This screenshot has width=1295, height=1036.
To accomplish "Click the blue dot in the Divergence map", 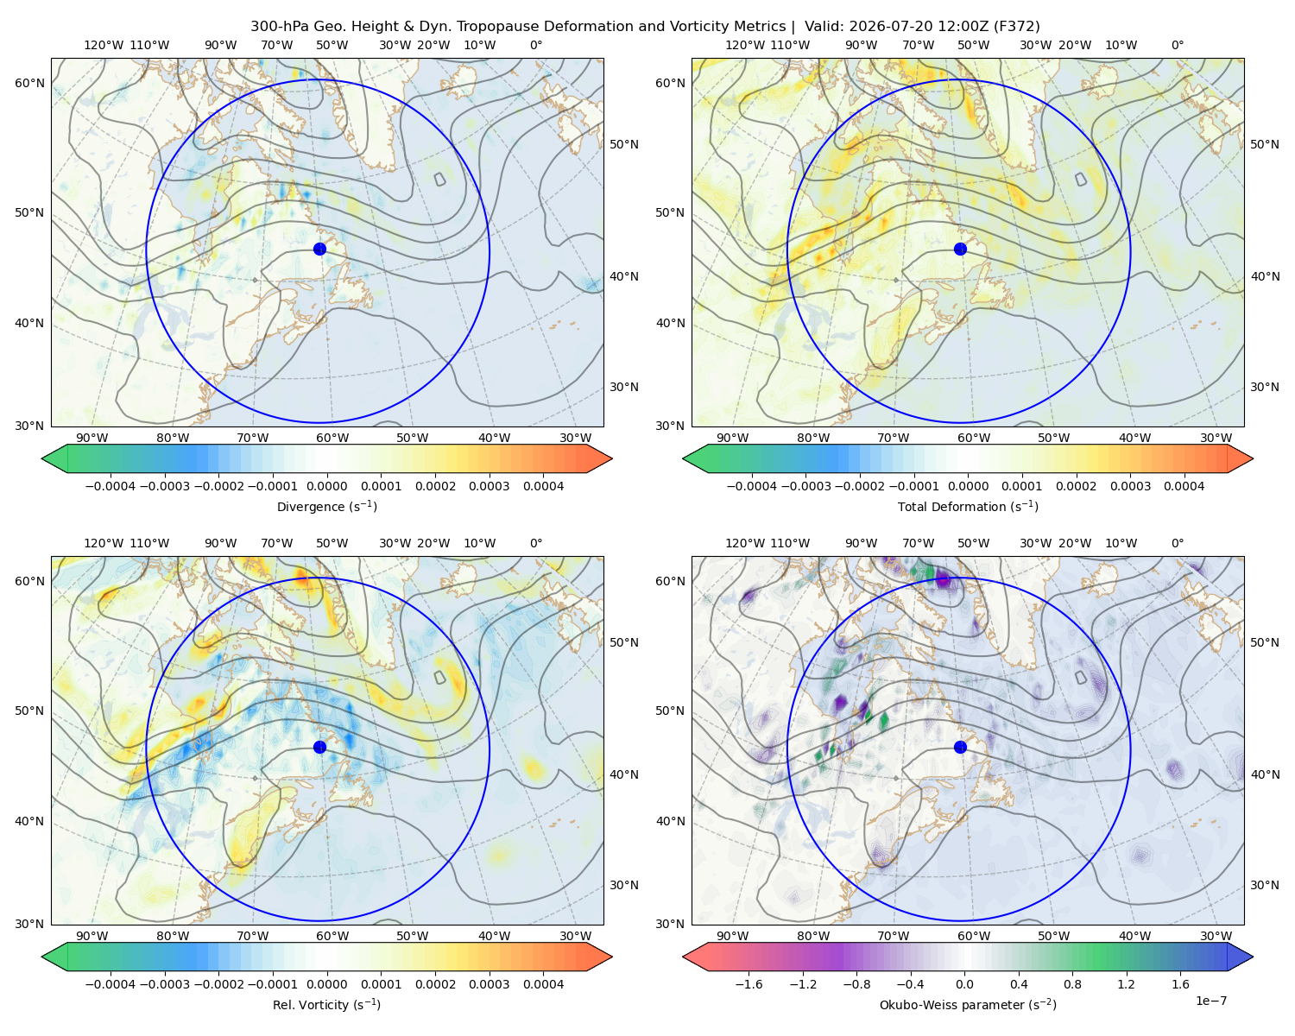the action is click(319, 250).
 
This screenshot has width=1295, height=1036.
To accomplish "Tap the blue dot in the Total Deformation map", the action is click(960, 250).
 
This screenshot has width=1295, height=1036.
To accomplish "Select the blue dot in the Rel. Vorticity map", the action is click(319, 747).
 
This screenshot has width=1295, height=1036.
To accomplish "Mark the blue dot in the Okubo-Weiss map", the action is click(960, 747).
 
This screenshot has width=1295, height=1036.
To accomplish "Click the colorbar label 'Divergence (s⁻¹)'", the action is click(326, 507).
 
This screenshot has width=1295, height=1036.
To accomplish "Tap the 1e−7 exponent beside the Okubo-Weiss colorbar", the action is click(1210, 1001).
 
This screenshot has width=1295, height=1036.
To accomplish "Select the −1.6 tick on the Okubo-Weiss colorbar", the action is click(749, 984).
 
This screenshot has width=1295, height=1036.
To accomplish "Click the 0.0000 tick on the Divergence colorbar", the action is click(326, 486).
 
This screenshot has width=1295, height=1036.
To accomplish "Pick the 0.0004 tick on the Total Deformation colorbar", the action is click(1184, 486).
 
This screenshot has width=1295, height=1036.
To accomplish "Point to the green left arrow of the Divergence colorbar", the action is click(54, 458).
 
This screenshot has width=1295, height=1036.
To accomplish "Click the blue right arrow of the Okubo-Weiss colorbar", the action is click(1241, 957).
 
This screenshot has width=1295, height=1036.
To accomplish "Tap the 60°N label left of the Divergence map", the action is click(29, 83).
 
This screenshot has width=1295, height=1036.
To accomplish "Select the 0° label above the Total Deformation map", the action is click(1177, 45).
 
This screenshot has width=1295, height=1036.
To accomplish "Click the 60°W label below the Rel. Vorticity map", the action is click(332, 936).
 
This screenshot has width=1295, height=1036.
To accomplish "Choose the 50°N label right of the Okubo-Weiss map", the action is click(1264, 642).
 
